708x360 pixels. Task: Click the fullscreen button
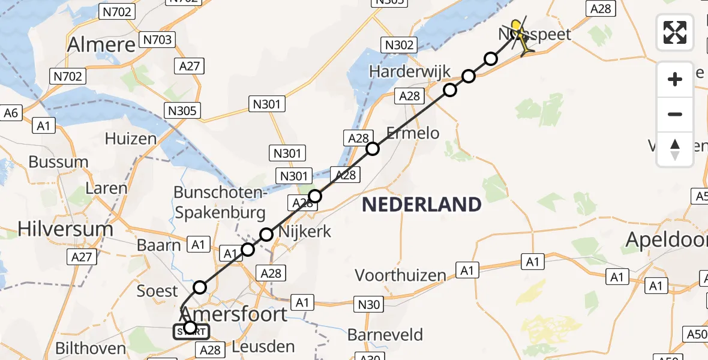click(x=675, y=32)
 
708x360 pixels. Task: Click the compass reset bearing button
click(x=675, y=149)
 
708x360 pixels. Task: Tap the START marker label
click(x=191, y=331)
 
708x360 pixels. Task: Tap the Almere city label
click(x=101, y=44)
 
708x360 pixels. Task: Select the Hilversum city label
click(x=65, y=229)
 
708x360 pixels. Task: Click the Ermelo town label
click(x=413, y=133)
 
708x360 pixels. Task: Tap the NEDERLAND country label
click(x=422, y=205)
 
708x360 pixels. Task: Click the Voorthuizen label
click(x=401, y=275)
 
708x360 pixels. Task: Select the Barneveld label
click(x=394, y=334)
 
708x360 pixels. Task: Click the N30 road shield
click(x=368, y=304)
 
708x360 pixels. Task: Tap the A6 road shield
click(x=11, y=112)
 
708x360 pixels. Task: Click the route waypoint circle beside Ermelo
click(x=373, y=149)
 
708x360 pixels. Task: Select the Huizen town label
click(x=130, y=139)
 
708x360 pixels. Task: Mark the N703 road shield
click(x=157, y=40)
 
